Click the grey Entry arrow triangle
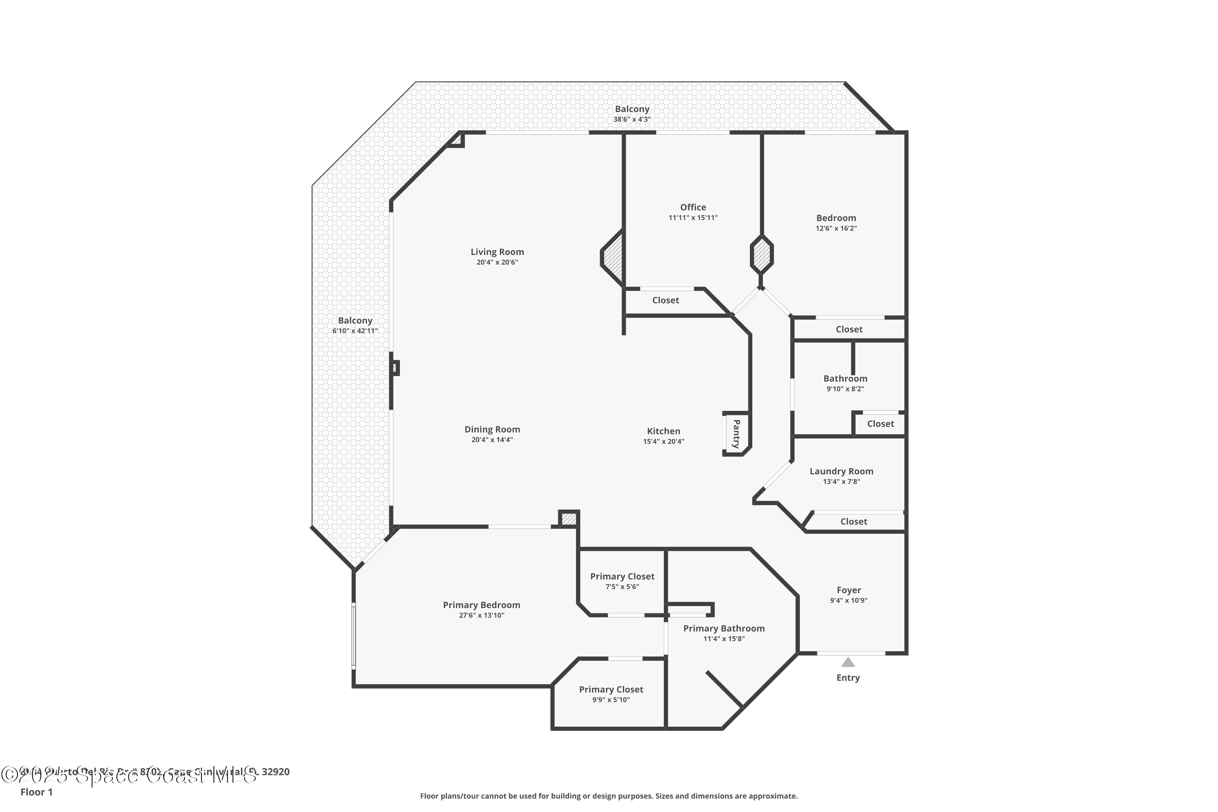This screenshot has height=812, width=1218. tap(848, 662)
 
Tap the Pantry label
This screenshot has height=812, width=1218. tap(736, 434)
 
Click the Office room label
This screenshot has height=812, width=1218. tap(693, 207)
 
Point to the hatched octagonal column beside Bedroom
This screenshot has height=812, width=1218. tap(762, 254)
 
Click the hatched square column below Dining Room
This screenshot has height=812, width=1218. tap(569, 519)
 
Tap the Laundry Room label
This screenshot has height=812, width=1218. tap(841, 471)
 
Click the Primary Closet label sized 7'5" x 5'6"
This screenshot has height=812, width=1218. tap(622, 577)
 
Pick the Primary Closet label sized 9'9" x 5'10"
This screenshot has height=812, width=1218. tap(611, 689)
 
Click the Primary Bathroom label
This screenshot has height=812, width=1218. tap(723, 628)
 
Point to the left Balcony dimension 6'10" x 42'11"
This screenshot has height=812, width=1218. tap(355, 331)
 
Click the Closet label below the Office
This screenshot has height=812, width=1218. tap(665, 300)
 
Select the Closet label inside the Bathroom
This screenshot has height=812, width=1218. tap(880, 423)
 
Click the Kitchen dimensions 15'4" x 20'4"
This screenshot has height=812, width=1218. tap(663, 442)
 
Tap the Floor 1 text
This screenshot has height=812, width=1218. tap(36, 792)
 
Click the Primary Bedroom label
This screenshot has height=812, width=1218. tap(481, 605)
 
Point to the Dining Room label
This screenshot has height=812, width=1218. tap(492, 429)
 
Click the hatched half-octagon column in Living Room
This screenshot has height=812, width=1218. tap(613, 257)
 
